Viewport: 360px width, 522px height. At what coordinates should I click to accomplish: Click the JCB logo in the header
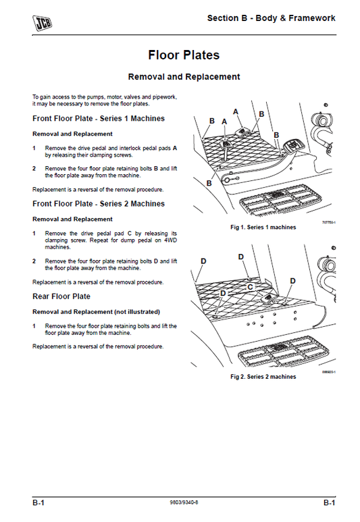coord(43,23)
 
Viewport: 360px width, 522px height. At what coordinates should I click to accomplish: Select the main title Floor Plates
coord(184,55)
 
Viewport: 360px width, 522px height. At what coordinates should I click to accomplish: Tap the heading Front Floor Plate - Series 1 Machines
coord(99,118)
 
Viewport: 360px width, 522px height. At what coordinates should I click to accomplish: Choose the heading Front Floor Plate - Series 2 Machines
coord(99,203)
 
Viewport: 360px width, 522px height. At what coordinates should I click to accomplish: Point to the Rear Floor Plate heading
coord(61,296)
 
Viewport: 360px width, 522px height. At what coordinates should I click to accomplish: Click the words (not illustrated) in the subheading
coord(137,311)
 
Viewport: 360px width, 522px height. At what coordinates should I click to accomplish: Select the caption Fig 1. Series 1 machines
coord(263,228)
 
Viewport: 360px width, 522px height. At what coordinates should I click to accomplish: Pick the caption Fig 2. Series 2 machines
coord(263,376)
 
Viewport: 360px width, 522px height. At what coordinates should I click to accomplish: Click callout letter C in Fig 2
coord(250,286)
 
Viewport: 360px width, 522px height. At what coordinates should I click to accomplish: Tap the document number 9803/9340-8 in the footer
coord(184,503)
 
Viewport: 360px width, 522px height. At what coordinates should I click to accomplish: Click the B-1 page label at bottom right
coord(328,503)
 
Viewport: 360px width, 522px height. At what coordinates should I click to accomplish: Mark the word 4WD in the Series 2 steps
coord(170,241)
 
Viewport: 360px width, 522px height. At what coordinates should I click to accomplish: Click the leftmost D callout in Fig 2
coord(203,261)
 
